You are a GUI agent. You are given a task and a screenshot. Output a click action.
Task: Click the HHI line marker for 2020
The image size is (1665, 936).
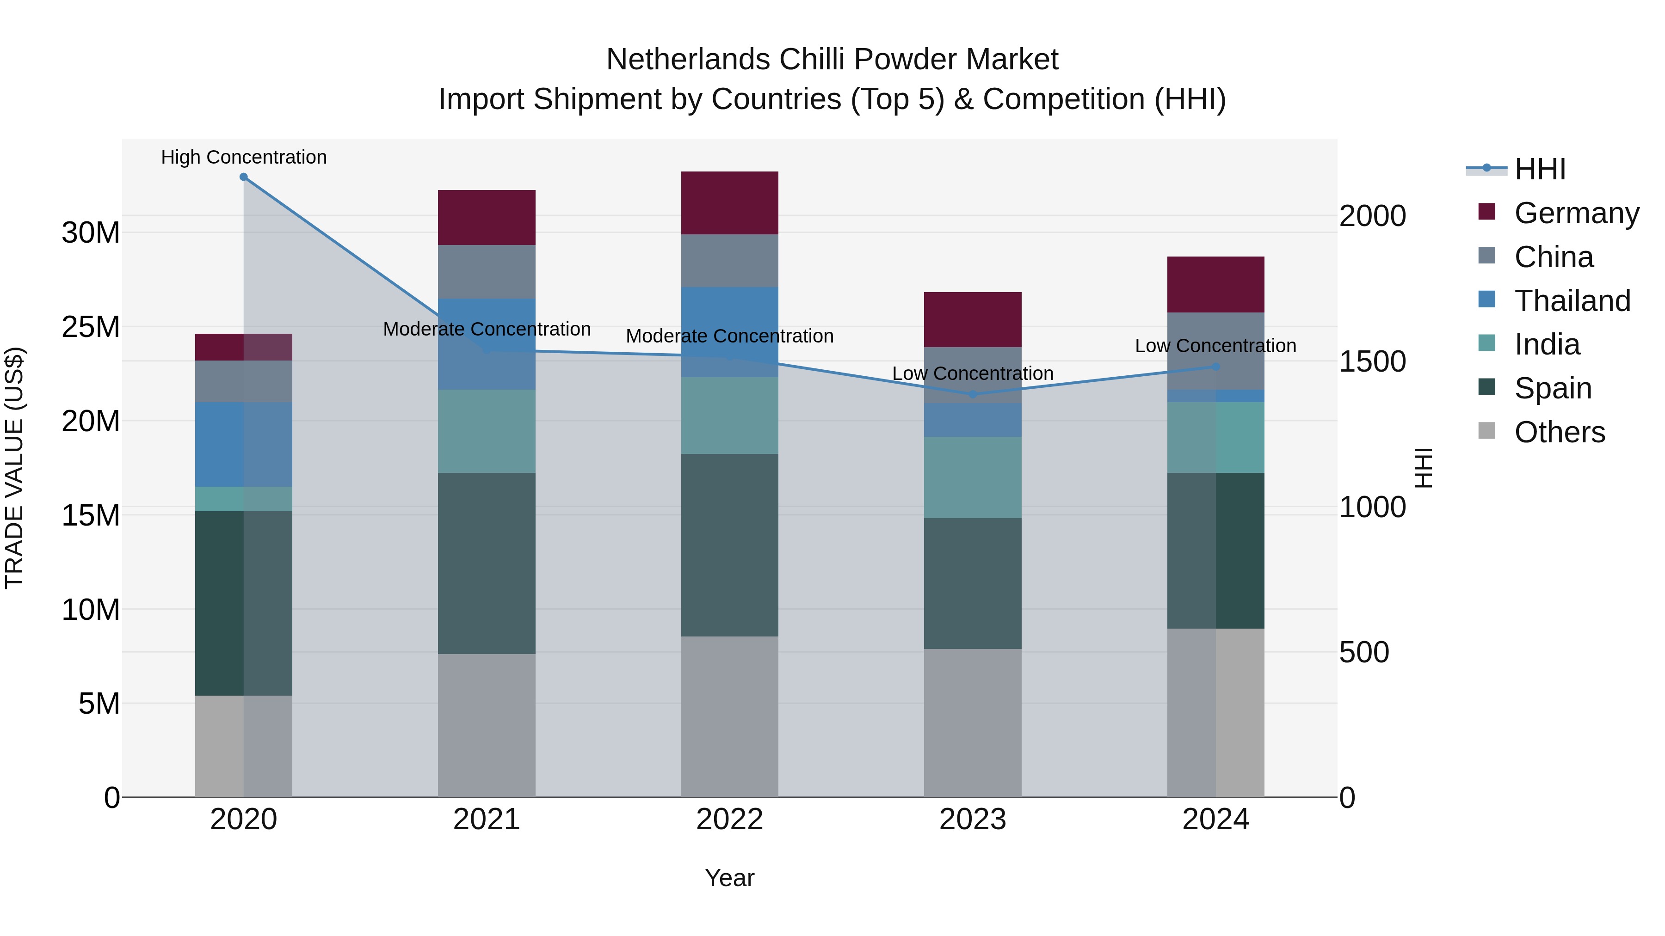(x=244, y=177)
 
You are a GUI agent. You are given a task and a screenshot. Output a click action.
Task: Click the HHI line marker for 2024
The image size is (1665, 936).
(x=1215, y=367)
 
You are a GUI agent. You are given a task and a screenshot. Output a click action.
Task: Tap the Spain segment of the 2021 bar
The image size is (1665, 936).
(x=486, y=563)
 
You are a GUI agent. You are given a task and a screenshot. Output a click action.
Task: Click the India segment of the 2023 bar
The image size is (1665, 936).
(x=972, y=477)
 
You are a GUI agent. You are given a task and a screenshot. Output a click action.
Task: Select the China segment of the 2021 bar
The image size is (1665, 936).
(x=486, y=271)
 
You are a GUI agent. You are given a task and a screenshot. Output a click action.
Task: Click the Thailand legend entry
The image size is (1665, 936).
(x=1572, y=301)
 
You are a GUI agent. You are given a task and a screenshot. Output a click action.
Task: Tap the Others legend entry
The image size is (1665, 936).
(x=1559, y=432)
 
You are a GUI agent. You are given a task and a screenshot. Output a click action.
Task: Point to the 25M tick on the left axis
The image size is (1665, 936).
(x=91, y=327)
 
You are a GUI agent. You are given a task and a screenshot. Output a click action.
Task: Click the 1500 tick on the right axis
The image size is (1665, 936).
(x=1372, y=362)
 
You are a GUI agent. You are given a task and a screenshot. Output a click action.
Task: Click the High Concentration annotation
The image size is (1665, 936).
(x=244, y=157)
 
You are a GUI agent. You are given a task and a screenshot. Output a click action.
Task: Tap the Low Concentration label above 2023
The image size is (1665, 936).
(x=972, y=373)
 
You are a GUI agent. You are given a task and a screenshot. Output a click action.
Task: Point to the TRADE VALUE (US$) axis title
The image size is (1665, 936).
(x=14, y=468)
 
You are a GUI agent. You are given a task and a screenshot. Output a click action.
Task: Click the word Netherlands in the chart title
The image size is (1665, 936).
(x=688, y=60)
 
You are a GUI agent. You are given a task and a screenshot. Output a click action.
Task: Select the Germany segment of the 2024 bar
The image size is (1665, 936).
(x=1215, y=284)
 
